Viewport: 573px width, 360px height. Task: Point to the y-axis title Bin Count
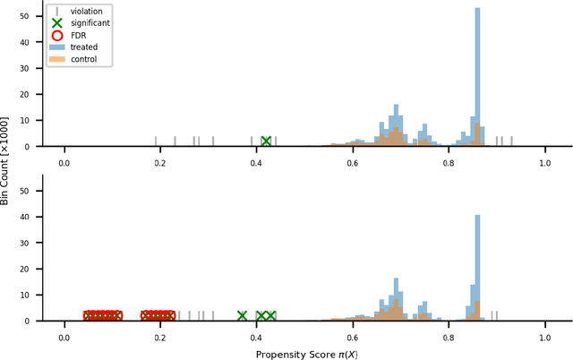(x=7, y=161)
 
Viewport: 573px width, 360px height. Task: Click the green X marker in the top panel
(x=266, y=141)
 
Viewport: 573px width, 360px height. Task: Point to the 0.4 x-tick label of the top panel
(x=257, y=164)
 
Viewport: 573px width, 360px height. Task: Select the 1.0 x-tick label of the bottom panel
(x=545, y=338)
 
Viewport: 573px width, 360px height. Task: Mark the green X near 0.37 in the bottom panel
(x=242, y=315)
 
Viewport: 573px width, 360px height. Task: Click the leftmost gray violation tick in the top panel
(x=156, y=140)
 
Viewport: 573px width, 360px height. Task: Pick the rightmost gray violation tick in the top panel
(x=512, y=140)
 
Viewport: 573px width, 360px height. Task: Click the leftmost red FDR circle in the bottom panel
(x=90, y=315)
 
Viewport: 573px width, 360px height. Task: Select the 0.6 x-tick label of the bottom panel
(x=353, y=338)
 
